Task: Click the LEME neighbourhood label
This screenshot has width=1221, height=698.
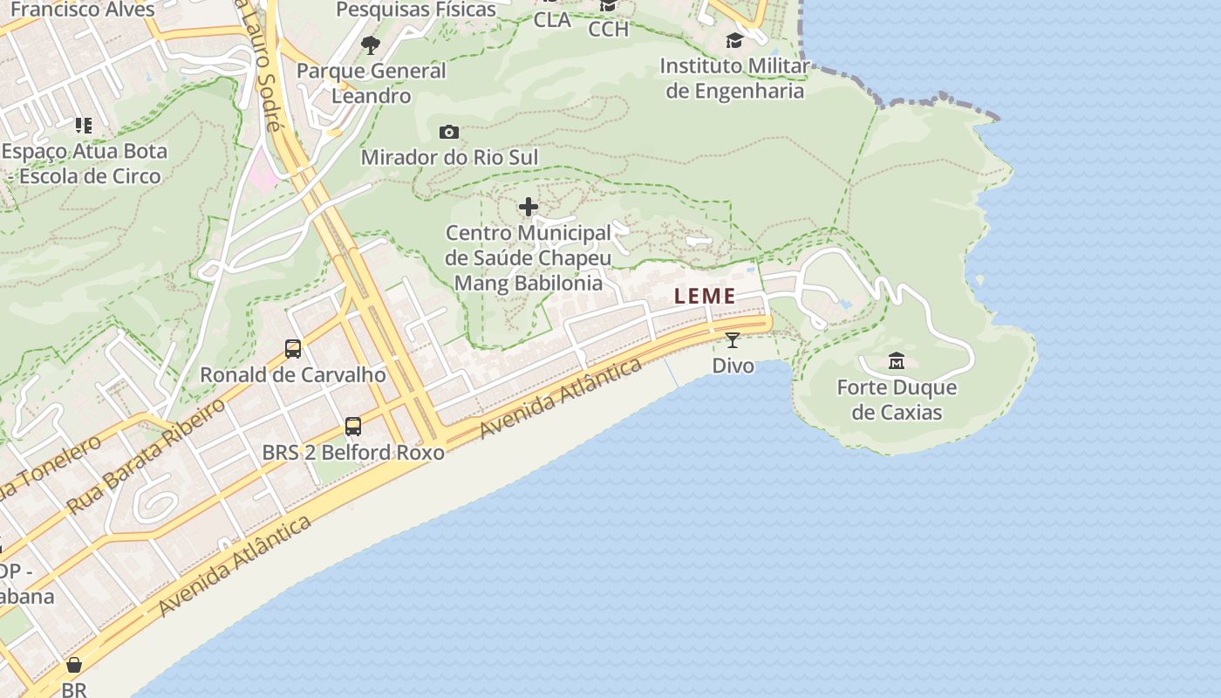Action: tap(705, 297)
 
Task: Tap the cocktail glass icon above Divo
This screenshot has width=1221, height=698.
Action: tap(732, 339)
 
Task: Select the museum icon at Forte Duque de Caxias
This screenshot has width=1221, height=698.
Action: tap(896, 360)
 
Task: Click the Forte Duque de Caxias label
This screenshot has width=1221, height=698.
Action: tap(897, 400)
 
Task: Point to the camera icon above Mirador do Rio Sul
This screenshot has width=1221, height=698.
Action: tap(449, 132)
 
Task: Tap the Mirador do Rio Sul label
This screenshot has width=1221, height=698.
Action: tap(449, 158)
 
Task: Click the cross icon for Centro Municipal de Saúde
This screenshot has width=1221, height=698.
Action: tap(529, 207)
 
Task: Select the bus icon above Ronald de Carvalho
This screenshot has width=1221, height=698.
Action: tap(293, 349)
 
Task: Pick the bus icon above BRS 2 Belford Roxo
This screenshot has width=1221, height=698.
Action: tap(353, 427)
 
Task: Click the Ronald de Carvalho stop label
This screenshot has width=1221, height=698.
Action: tap(293, 375)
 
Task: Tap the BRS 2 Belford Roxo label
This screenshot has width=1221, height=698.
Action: tap(353, 453)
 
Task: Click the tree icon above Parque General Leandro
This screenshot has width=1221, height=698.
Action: tap(371, 44)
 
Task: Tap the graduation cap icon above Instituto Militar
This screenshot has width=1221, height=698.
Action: tap(734, 40)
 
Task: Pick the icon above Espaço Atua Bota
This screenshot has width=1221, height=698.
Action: tap(83, 126)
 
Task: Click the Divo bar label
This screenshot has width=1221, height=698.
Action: tap(733, 366)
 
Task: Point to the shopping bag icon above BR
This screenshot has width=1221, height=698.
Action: tap(74, 665)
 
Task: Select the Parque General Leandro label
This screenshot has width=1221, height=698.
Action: tap(371, 83)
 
